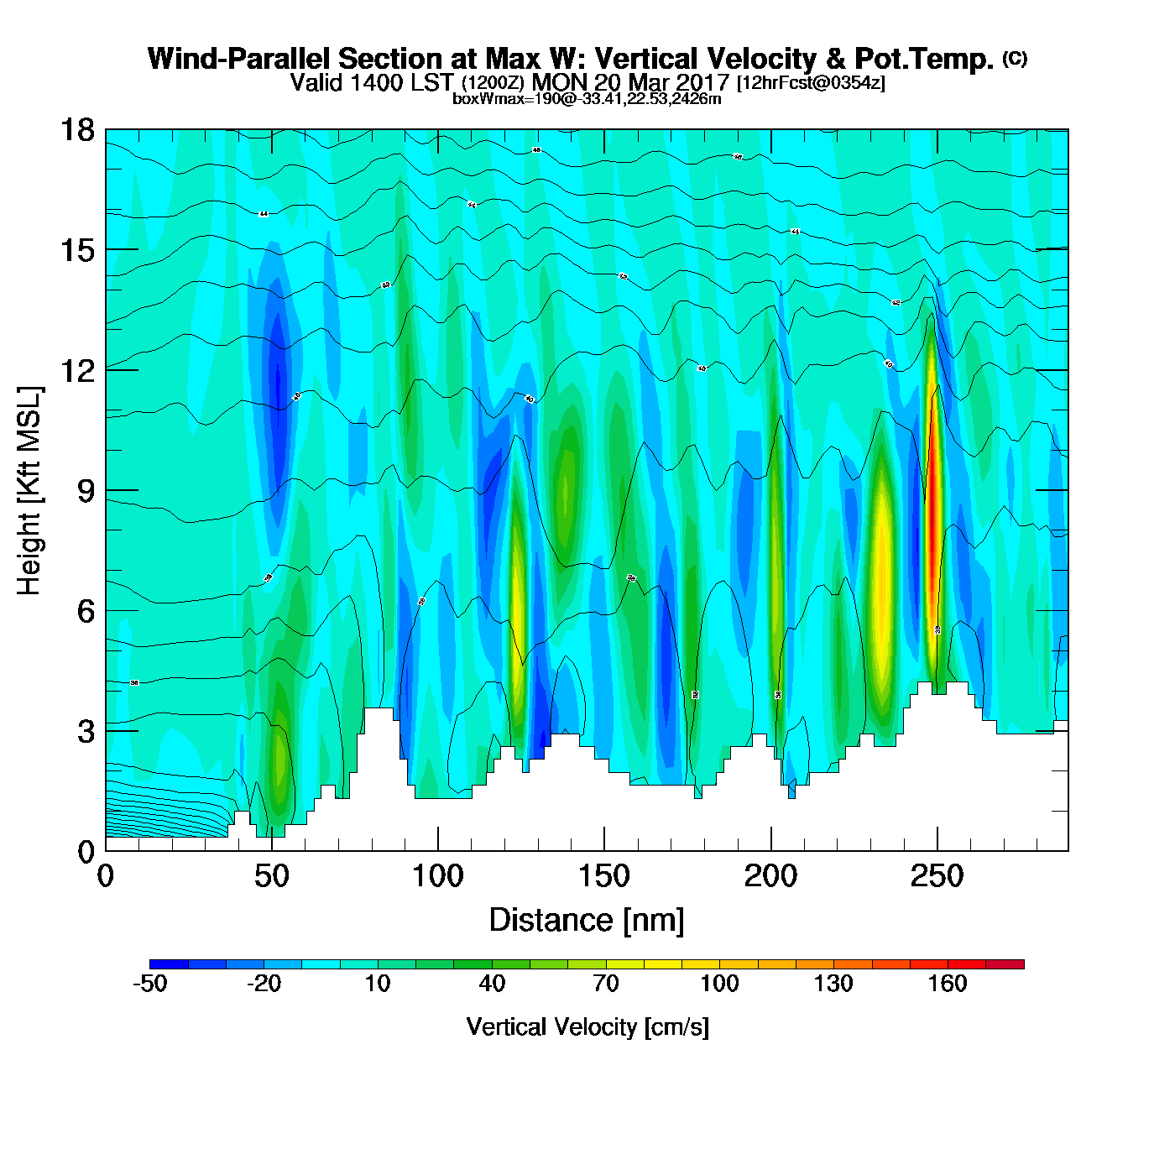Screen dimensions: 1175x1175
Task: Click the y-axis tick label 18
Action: tap(77, 130)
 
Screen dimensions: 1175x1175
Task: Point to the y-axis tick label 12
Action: tap(77, 370)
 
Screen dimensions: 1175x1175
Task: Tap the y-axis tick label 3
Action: tap(86, 731)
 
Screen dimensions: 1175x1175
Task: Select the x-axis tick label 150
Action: tap(603, 876)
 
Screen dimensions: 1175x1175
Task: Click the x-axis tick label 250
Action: tap(937, 876)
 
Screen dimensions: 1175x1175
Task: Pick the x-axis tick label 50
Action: tap(271, 876)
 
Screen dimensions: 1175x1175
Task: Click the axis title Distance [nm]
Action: tap(587, 920)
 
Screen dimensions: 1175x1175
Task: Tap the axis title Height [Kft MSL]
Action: tap(29, 491)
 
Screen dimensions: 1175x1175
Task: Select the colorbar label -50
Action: tap(150, 984)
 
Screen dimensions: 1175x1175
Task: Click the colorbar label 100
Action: tap(719, 984)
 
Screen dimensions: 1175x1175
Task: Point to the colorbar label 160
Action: tap(948, 984)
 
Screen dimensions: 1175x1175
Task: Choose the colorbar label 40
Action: tap(492, 984)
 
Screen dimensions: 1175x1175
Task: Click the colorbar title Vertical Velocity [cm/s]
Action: tap(587, 1026)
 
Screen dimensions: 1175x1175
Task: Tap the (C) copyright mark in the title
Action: tap(1015, 58)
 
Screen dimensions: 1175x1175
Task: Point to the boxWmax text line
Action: tap(587, 98)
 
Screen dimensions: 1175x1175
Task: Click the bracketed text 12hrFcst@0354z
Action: tap(811, 83)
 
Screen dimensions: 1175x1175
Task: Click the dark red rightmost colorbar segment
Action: tap(1005, 964)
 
